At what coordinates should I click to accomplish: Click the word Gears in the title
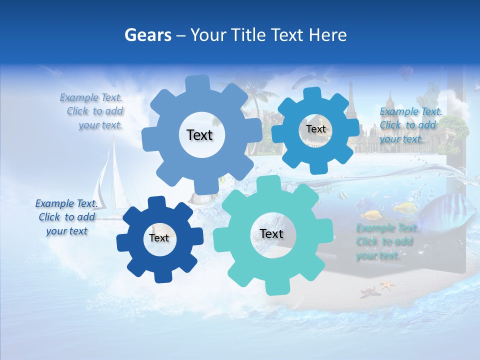pyautogui.click(x=147, y=35)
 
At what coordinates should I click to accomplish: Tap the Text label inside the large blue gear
pyautogui.click(x=199, y=135)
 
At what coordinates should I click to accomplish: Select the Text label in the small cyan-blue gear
pyautogui.click(x=315, y=129)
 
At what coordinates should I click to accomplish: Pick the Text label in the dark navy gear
pyautogui.click(x=159, y=238)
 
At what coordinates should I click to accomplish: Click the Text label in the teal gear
pyautogui.click(x=271, y=233)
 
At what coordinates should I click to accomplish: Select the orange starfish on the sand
pyautogui.click(x=386, y=285)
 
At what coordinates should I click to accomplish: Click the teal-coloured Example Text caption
pyautogui.click(x=385, y=241)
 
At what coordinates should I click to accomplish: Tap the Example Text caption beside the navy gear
pyautogui.click(x=66, y=217)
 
